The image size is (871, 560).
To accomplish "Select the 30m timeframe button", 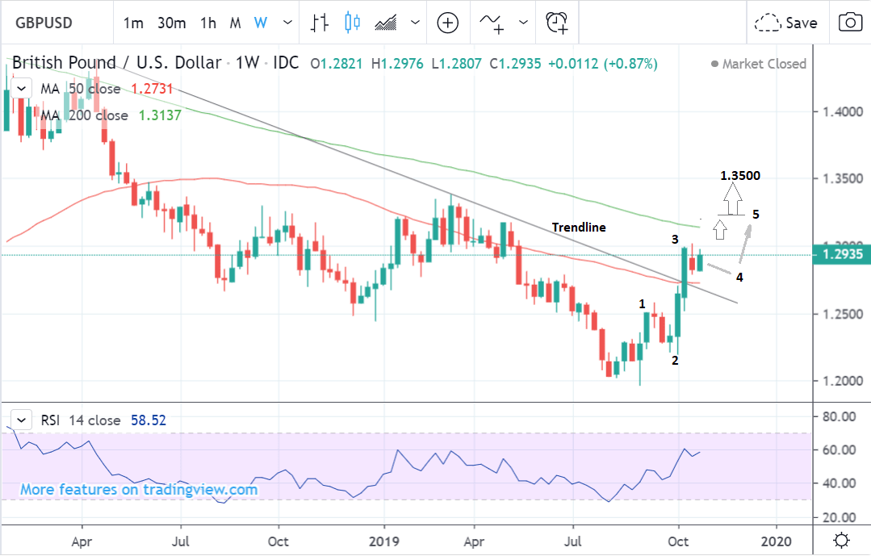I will (x=171, y=23).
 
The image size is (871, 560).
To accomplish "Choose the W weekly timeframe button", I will (x=260, y=23).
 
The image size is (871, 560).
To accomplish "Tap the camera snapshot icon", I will (x=849, y=23).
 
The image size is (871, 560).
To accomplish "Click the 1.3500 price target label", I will (x=740, y=176).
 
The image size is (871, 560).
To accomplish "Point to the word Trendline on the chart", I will (x=579, y=228).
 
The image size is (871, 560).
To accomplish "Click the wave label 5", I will (x=755, y=215).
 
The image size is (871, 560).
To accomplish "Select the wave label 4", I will (x=739, y=277).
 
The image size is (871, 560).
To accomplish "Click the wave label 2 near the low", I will (x=675, y=360).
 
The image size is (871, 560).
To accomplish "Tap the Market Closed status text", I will (x=764, y=64).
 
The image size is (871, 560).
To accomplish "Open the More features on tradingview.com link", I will (x=139, y=489).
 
